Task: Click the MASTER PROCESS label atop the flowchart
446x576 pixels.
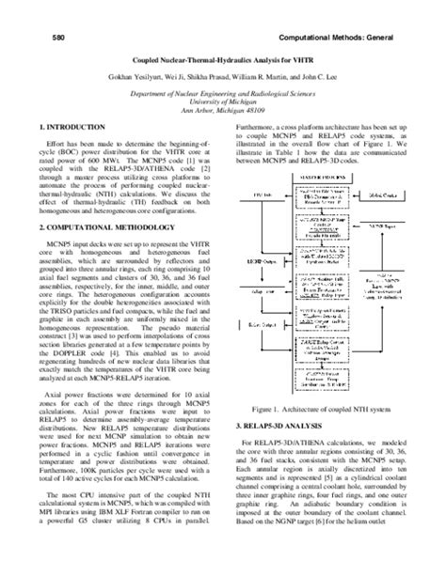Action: (x=323, y=178)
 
